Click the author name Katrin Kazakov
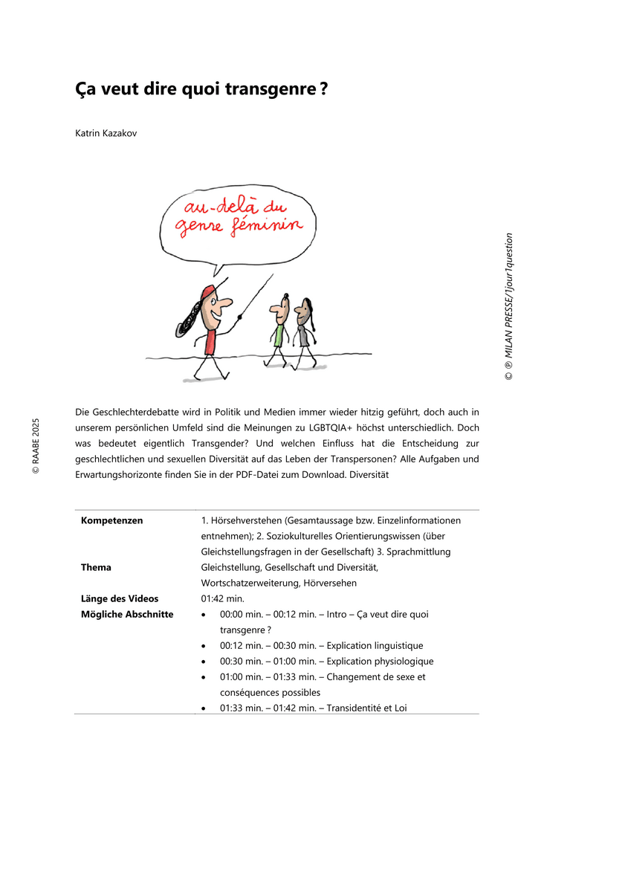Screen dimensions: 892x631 [x=106, y=133]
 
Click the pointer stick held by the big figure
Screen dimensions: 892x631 [x=253, y=301]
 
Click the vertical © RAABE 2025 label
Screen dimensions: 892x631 [x=35, y=446]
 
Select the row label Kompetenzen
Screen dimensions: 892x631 [x=111, y=520]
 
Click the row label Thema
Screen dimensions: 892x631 [x=96, y=567]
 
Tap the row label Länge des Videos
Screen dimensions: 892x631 [x=119, y=598]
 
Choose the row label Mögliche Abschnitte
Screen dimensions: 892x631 [x=126, y=614]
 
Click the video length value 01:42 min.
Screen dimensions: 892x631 [x=222, y=598]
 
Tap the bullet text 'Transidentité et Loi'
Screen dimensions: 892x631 [x=366, y=708]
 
